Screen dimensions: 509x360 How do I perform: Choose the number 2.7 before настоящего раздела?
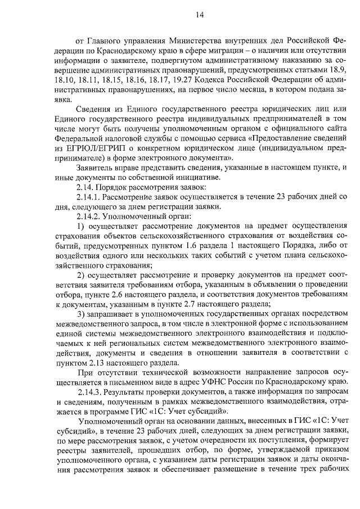click(186, 304)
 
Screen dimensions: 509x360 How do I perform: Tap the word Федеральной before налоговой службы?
click(82, 137)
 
